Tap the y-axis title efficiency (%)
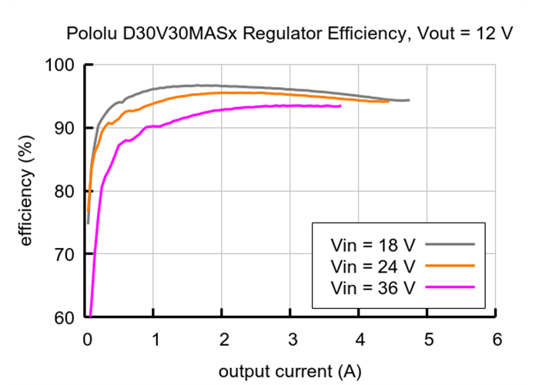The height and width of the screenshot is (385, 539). pyautogui.click(x=28, y=191)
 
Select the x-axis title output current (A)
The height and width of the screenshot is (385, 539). pyautogui.click(x=290, y=371)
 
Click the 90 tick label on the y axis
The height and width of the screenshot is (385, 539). pyautogui.click(x=66, y=129)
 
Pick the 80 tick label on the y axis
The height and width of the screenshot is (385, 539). pyautogui.click(x=66, y=192)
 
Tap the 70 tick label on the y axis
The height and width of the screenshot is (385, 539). pyautogui.click(x=66, y=255)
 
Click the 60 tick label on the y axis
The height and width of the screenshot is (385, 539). pyautogui.click(x=66, y=317)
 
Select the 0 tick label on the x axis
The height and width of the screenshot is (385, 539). pyautogui.click(x=86, y=340)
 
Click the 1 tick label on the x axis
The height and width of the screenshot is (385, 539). pyautogui.click(x=154, y=340)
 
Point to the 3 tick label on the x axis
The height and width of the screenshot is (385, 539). pyautogui.click(x=291, y=340)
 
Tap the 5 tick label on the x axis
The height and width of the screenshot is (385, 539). pyautogui.click(x=428, y=340)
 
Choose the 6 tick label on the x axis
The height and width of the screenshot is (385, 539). pyautogui.click(x=497, y=340)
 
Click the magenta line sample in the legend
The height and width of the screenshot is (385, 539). pyautogui.click(x=449, y=287)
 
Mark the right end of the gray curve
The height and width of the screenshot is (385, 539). pyautogui.click(x=409, y=100)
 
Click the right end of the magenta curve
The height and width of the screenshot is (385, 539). pyautogui.click(x=340, y=106)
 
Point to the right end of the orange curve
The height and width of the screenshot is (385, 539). pyautogui.click(x=388, y=101)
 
